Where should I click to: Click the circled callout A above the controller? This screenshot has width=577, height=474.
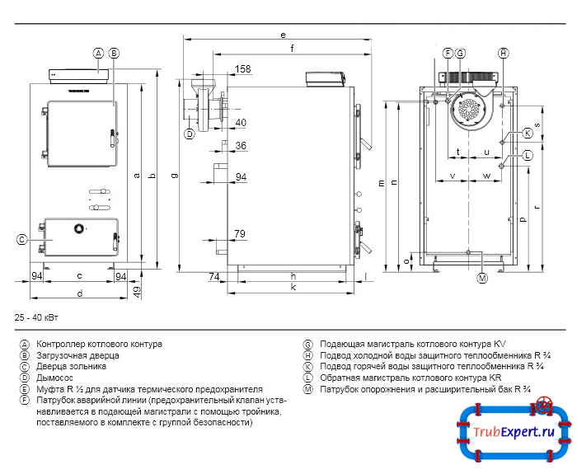pos(98,53)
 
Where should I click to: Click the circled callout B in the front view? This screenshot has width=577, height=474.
pos(114,53)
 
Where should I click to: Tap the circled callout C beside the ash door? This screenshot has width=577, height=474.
pos(23,240)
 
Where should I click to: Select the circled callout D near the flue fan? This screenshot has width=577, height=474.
pos(189,133)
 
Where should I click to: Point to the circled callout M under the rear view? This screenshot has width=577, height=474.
pos(482,279)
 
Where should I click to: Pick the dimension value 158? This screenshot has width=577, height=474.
pos(243,69)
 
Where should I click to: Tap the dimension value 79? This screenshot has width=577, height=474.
pos(240,235)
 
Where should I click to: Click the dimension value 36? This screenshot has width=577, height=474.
pos(241,146)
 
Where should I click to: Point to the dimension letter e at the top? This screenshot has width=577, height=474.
pos(283,35)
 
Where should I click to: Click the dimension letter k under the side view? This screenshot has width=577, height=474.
pos(293,288)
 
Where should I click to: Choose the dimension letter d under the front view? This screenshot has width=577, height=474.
pos(79,293)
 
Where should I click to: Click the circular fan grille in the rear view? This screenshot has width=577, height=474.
pos(469,110)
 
